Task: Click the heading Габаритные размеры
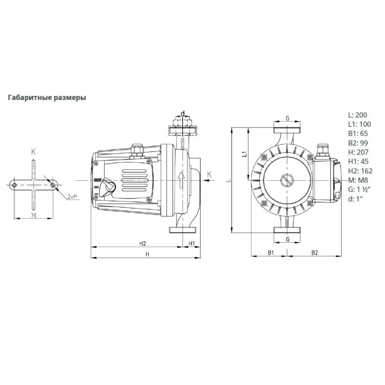click(x=47, y=98)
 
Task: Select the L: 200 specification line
click(x=358, y=115)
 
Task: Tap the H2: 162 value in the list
click(x=360, y=171)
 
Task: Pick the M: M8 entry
click(x=358, y=180)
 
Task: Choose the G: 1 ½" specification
click(x=359, y=189)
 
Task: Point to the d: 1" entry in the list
click(x=355, y=199)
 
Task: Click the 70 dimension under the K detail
click(x=34, y=216)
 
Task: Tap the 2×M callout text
click(x=72, y=197)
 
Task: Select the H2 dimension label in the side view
click(x=143, y=243)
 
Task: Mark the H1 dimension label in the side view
click(x=191, y=243)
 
